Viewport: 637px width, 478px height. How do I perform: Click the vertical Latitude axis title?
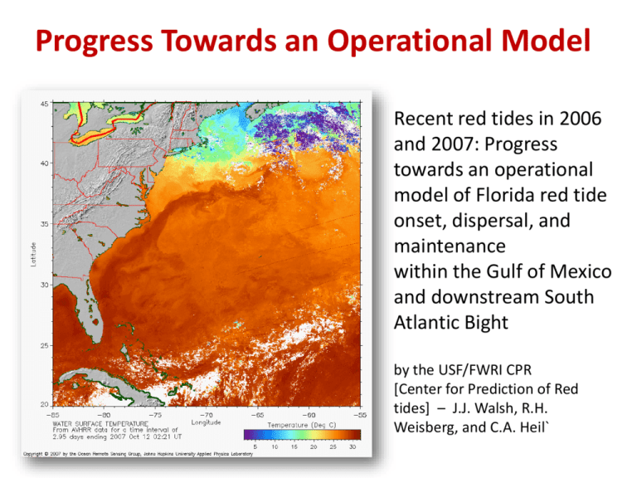(32, 254)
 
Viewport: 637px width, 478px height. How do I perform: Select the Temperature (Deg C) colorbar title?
(301, 423)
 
